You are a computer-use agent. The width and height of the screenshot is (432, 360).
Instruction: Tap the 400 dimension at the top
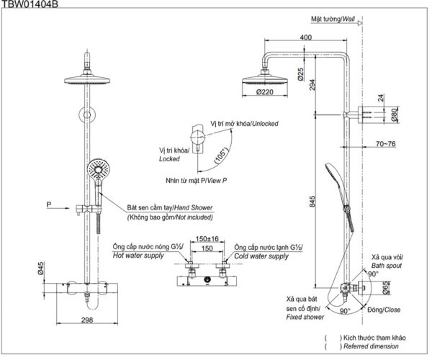[x=306, y=37]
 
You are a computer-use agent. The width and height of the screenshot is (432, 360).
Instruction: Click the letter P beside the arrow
[x=48, y=204]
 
